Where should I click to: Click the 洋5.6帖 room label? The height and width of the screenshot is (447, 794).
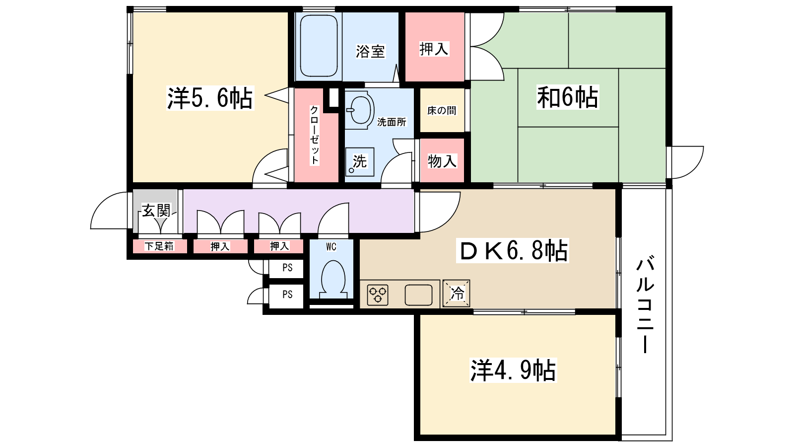tap(210, 98)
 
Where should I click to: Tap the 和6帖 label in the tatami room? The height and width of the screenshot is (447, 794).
tap(568, 97)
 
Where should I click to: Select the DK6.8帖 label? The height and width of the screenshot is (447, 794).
tap(513, 251)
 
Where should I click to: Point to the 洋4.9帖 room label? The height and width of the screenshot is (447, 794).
tap(513, 371)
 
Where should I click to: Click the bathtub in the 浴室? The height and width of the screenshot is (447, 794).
tap(319, 46)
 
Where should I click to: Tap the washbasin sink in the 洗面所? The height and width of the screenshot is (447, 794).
tap(360, 110)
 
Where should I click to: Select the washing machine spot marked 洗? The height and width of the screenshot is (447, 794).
tap(359, 161)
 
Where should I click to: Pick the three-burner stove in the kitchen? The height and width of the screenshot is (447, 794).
tap(378, 295)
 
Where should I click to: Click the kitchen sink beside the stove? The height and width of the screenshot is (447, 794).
tap(418, 295)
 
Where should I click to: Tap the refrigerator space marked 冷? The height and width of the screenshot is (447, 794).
tap(457, 293)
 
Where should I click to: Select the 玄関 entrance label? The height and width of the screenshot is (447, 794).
tap(156, 211)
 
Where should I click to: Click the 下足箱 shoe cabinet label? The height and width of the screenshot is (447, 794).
tap(159, 246)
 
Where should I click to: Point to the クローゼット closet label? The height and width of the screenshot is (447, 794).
tap(315, 135)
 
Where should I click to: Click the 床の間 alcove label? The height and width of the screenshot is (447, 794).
tap(442, 111)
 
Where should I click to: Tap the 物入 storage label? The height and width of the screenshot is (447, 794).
tap(442, 161)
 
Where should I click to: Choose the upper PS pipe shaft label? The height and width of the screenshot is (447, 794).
tap(287, 268)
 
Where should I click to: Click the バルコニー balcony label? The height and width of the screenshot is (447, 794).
tap(645, 304)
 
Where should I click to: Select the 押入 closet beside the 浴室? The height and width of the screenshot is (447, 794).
tap(434, 49)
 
